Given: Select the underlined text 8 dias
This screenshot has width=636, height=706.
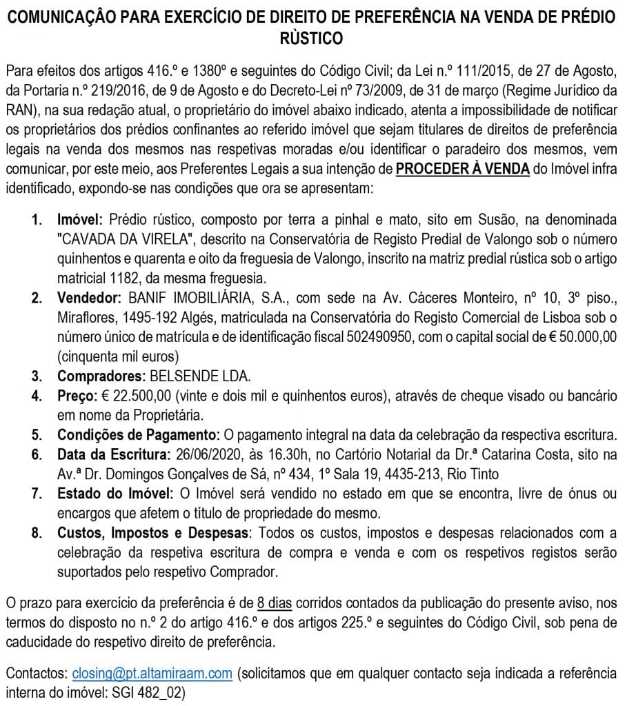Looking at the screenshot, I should (x=275, y=603).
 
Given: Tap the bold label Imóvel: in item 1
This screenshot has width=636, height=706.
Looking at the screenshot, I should (x=79, y=220).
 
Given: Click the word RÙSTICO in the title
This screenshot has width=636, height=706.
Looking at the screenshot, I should (x=317, y=39).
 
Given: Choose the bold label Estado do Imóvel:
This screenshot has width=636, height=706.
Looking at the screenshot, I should (x=115, y=494).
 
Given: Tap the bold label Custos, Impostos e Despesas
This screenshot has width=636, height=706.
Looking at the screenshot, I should (x=152, y=533).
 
